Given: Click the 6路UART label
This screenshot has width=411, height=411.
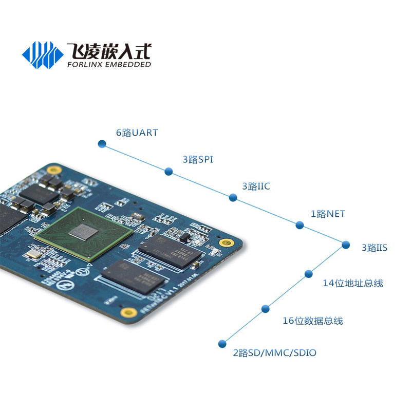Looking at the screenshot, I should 137,133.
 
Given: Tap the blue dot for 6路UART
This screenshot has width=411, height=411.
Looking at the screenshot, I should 102,144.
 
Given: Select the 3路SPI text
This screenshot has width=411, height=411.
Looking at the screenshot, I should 198,160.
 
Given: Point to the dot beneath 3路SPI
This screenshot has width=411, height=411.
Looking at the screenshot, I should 168,171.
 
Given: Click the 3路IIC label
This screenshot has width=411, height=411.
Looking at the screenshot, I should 256,186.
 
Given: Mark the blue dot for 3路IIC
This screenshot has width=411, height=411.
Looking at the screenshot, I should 233,198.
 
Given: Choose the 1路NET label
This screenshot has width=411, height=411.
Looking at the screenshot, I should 328,214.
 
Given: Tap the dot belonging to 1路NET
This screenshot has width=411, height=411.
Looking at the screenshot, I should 300,225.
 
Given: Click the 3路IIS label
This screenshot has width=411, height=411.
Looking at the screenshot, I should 374,248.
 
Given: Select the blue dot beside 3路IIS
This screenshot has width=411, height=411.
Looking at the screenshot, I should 345,245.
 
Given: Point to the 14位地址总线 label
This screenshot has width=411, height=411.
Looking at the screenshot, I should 352,283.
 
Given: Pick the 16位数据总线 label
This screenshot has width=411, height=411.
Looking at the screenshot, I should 312,321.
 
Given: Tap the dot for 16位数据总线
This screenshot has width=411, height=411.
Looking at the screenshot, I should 266,309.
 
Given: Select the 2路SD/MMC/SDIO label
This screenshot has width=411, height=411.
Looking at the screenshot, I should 274,353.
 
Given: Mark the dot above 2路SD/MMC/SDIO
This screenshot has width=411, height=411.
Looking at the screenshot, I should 222,343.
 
